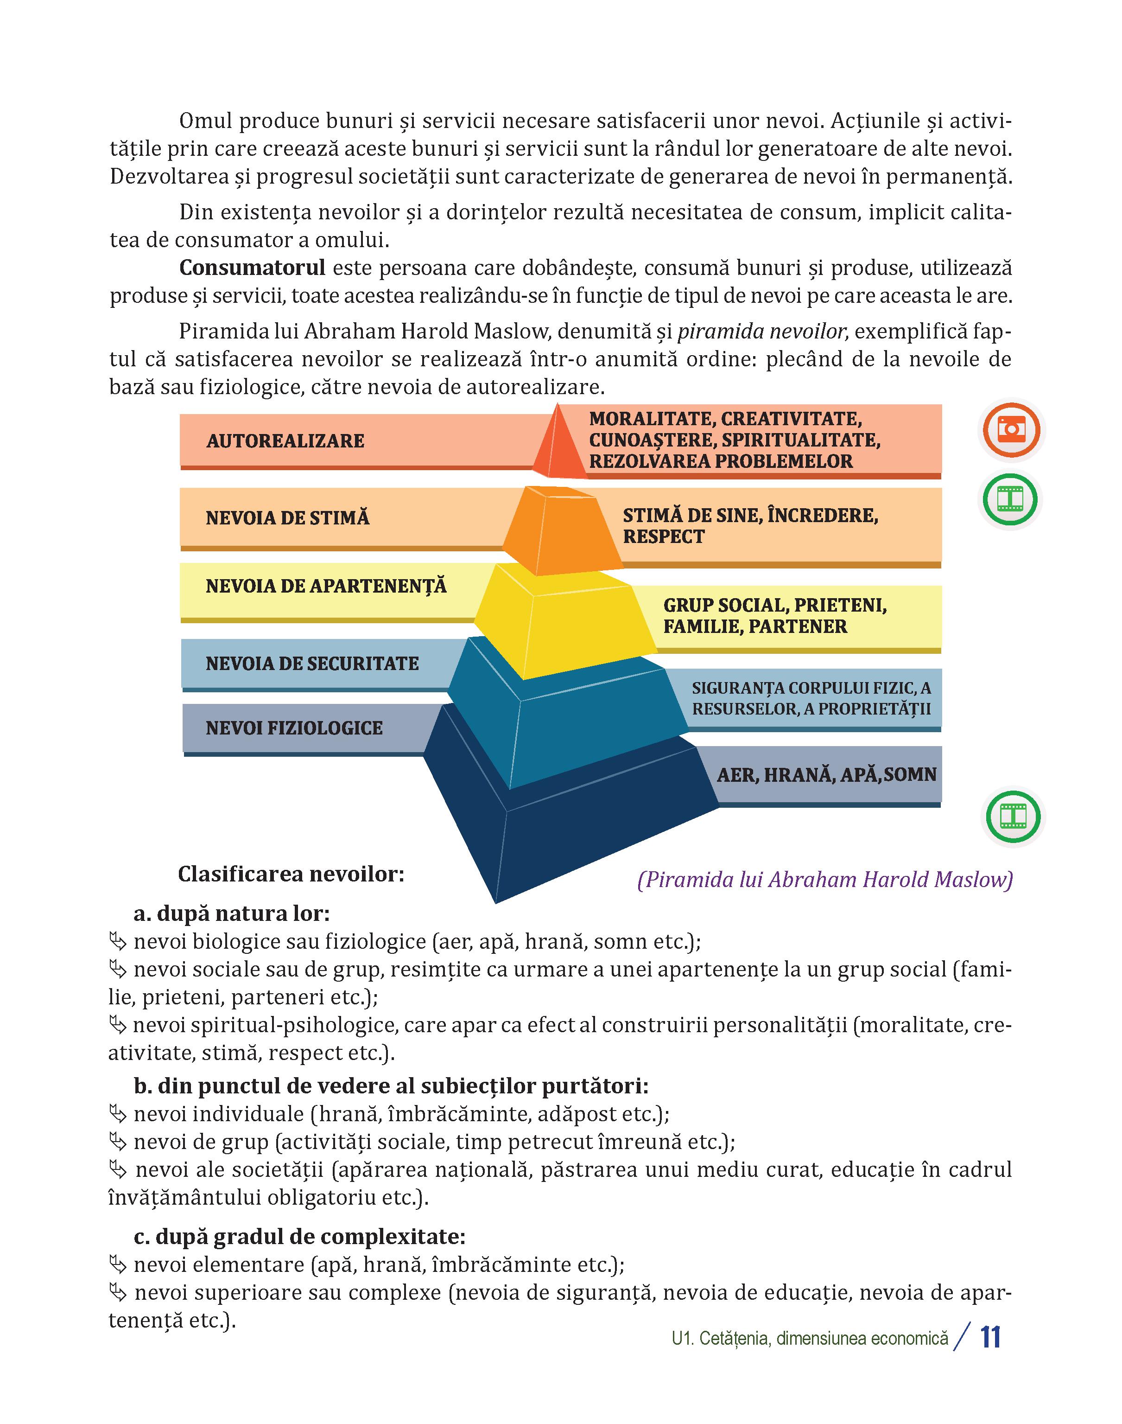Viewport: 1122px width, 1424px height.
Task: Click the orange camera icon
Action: [1012, 430]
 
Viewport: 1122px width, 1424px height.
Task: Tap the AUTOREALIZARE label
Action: [285, 441]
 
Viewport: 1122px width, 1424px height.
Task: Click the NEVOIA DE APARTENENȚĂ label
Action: [326, 586]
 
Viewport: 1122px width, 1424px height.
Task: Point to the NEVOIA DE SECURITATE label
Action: [312, 663]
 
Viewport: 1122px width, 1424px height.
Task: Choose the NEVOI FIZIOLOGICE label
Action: [294, 728]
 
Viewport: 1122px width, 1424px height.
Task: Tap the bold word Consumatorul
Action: [252, 268]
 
